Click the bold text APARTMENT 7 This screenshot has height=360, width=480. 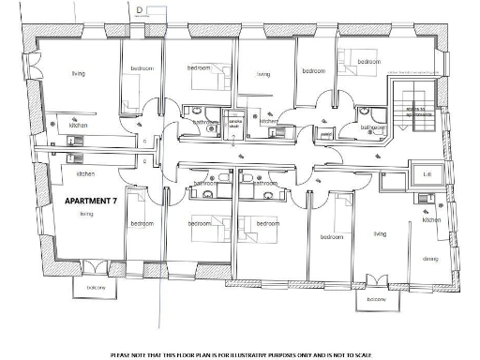(x=91, y=201)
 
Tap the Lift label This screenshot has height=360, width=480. (x=427, y=174)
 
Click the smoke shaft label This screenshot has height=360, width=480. (x=234, y=126)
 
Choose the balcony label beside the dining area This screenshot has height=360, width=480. (x=377, y=299)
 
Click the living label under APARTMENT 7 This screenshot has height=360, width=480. (x=86, y=214)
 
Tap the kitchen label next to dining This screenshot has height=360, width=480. (x=431, y=220)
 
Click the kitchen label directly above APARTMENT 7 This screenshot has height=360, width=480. (x=85, y=174)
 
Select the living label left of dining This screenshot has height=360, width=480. (x=380, y=234)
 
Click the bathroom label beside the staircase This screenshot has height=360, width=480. (x=373, y=127)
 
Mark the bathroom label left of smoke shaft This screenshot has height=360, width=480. (x=204, y=122)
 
